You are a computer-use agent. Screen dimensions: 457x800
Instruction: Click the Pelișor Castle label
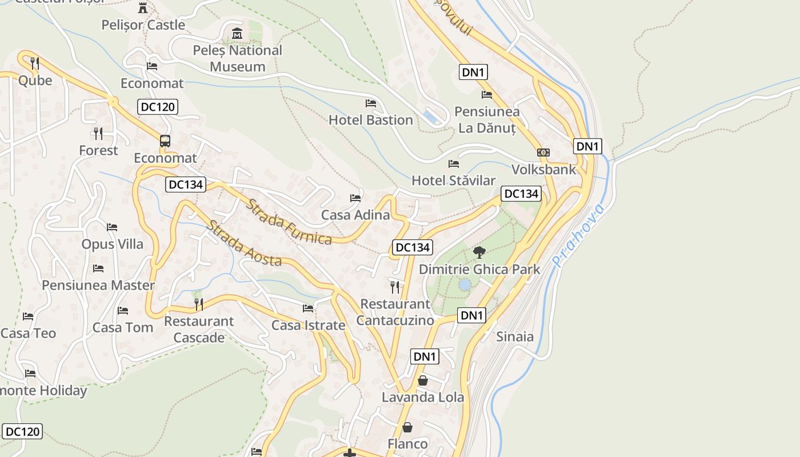143,25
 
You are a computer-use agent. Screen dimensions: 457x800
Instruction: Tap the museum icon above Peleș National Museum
237,33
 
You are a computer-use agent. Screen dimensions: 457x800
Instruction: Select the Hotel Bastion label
370,120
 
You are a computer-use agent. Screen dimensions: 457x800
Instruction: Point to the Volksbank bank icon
543,153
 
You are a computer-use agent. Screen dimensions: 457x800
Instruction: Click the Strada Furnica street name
289,222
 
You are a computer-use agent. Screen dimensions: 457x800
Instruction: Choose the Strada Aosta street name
244,243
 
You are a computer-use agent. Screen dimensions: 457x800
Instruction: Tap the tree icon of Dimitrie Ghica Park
479,252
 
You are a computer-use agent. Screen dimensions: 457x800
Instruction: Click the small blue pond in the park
465,284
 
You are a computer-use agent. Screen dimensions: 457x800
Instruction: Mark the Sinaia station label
515,336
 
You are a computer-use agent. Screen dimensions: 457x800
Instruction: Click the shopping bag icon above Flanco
407,427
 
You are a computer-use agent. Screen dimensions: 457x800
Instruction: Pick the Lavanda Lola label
422,397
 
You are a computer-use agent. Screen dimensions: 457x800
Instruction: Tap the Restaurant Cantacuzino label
395,312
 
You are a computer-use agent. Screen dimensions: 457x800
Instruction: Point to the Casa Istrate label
308,326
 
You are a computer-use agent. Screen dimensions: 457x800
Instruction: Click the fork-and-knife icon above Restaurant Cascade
199,304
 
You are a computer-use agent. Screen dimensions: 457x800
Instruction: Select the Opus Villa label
113,244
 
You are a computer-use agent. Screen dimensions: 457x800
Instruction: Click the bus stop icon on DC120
165,141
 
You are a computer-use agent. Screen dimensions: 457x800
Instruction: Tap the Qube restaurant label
35,81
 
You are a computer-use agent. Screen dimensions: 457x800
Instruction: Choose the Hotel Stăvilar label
454,181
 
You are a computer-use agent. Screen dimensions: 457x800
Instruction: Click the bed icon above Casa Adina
355,198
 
